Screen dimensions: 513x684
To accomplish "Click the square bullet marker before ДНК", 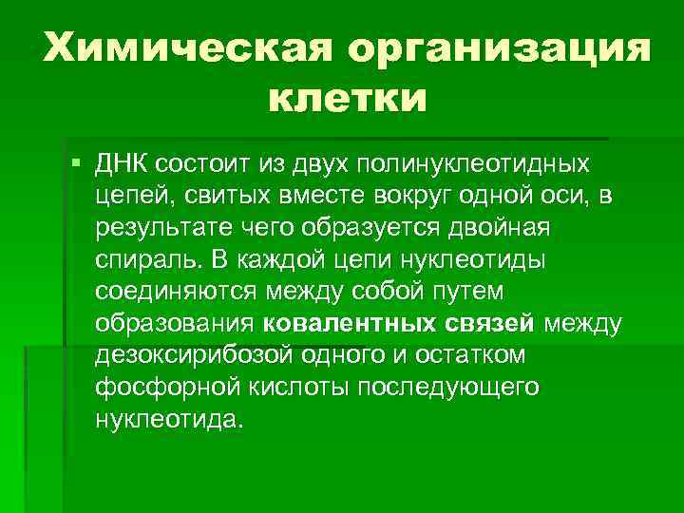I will point(76,163).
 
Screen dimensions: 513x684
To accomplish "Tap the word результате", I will point(157,228).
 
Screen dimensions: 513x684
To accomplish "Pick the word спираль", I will point(141,260).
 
